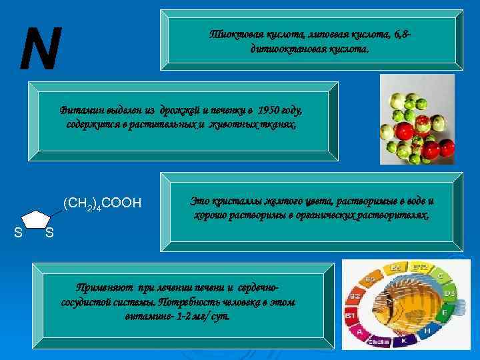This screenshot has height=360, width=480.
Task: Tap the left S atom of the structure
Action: [x=18, y=231]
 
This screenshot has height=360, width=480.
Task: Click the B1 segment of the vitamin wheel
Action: [x=349, y=313]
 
